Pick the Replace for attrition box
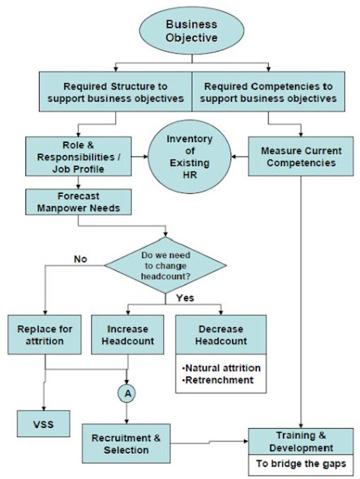tap(46, 335)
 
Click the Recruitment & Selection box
tap(125, 444)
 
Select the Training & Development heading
tap(300, 442)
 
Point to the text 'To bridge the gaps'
tap(300, 466)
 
